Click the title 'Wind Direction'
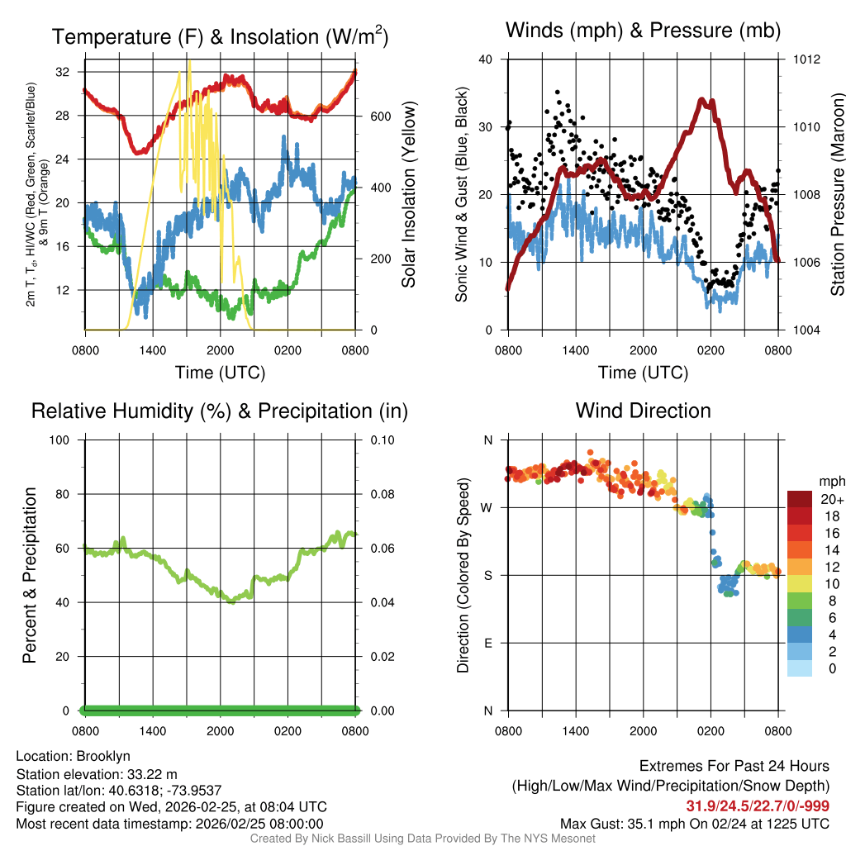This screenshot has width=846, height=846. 643,411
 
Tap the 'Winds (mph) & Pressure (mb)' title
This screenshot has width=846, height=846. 643,31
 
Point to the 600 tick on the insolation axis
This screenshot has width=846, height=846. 380,116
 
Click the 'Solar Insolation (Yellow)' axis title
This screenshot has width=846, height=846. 408,195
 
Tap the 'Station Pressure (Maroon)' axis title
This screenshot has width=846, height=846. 836,195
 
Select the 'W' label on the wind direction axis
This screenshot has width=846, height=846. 488,507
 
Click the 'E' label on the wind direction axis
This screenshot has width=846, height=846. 488,643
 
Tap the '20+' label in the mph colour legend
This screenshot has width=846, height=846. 832,499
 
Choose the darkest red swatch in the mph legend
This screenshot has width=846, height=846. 800,499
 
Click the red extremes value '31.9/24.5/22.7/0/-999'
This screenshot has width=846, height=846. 758,806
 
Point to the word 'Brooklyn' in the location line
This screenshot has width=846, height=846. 103,756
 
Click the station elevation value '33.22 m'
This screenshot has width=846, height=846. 157,773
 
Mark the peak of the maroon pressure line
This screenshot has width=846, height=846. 702,100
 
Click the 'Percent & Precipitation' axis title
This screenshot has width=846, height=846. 30,575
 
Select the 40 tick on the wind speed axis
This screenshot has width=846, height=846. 486,59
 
